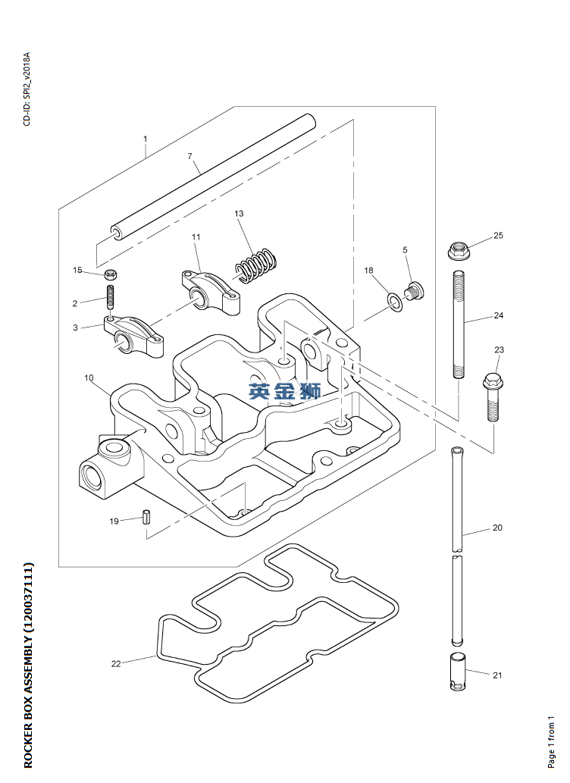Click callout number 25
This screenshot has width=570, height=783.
point(498,236)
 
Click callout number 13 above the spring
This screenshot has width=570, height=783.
point(240,214)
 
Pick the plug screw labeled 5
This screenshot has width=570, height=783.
point(414,290)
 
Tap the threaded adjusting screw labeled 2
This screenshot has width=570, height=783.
point(111,296)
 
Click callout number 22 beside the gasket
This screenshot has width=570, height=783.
point(116,664)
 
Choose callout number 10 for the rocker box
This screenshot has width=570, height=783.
point(89,377)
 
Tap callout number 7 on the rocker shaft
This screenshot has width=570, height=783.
point(191,156)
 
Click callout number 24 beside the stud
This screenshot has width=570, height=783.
point(498,315)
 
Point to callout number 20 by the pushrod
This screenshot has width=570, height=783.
point(497,528)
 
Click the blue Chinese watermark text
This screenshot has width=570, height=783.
point(285,391)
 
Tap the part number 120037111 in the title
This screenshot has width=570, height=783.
point(29,598)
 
